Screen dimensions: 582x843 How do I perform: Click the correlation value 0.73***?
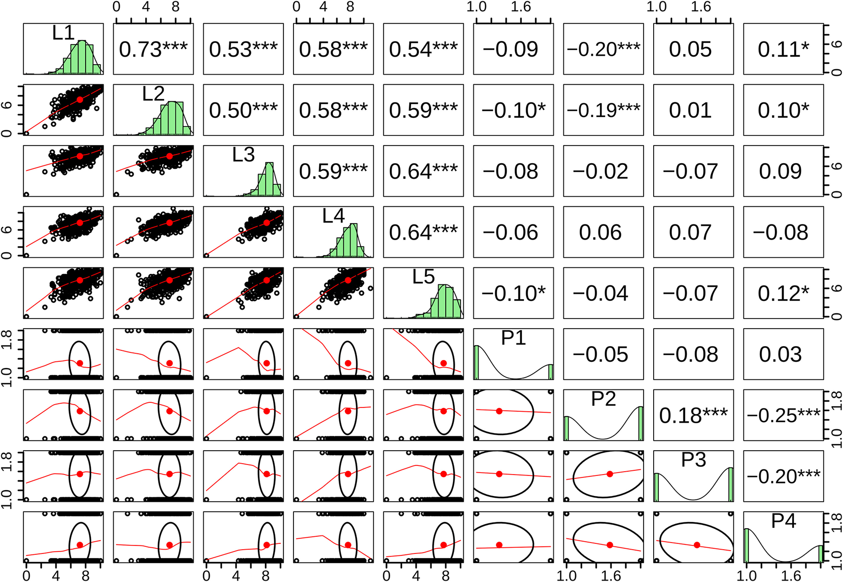coord(153,49)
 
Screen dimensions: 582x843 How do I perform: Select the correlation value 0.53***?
coord(243,49)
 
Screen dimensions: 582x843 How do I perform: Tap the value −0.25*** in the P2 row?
coord(784,415)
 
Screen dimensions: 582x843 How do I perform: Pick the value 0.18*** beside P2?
coord(693,415)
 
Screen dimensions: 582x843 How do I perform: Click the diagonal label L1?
coord(63,33)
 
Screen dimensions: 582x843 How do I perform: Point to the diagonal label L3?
coord(243,155)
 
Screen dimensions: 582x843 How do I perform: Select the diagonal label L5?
coord(423,277)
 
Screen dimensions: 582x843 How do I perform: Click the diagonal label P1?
coord(513,338)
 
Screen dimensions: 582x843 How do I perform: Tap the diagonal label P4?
coord(783,521)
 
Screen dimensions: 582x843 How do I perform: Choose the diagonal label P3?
coord(693,460)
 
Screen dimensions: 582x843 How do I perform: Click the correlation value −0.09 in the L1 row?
coord(510,49)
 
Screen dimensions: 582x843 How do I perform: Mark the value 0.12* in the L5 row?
coord(783,293)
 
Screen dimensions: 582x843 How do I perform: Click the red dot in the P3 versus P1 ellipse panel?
coord(499,474)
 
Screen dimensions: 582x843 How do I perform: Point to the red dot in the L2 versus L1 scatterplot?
coord(80,99)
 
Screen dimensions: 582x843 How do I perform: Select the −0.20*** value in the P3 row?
coord(784,476)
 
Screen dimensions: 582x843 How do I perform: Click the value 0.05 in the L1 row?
coord(690,49)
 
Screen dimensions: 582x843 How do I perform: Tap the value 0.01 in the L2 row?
coord(690,110)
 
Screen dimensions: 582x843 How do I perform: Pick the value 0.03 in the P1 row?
coord(780,354)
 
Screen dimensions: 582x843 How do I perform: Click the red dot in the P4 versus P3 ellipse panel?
coord(697,545)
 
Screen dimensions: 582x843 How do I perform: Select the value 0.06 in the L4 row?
coord(600,232)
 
